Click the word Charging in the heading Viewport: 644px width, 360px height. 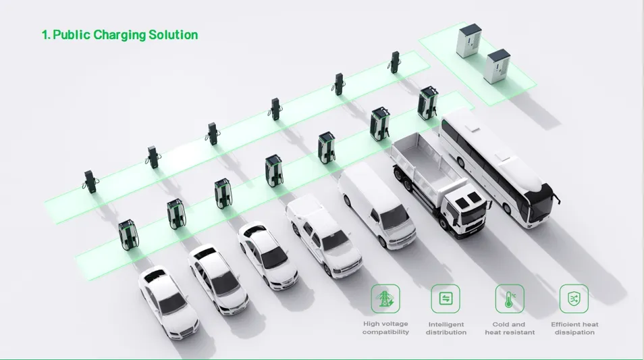(119, 35)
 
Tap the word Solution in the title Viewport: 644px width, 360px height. (173, 34)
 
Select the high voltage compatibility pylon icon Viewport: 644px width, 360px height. (385, 299)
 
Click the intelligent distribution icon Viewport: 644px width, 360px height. (446, 299)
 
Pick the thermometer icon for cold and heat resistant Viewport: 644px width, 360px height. (510, 299)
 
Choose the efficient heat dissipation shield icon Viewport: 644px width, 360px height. (574, 299)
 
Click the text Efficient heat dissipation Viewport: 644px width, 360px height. (574, 328)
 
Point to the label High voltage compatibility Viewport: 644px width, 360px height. (385, 328)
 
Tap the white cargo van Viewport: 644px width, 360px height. (377, 204)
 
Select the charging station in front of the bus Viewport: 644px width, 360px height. (428, 103)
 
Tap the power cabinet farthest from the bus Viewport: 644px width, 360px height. (469, 41)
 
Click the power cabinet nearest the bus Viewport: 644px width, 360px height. (497, 66)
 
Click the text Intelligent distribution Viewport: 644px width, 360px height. (446, 328)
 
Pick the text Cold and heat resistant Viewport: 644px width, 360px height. (510, 328)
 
